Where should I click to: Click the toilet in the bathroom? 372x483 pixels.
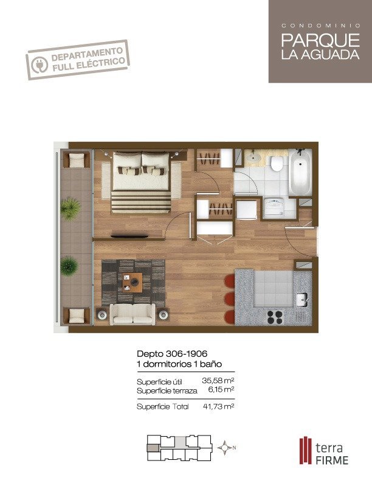[x=277, y=163]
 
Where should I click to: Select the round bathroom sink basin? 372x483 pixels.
[x=253, y=157]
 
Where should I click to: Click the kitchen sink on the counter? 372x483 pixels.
[x=302, y=300]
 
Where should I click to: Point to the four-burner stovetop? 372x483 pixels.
[x=275, y=317]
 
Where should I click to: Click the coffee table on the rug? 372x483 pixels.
[x=133, y=283]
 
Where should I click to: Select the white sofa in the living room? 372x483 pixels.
[x=133, y=314]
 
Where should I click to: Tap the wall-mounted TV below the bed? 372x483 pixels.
[x=129, y=236]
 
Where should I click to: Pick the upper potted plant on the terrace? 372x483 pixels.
[x=71, y=209]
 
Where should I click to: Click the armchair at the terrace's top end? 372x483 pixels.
[x=77, y=160]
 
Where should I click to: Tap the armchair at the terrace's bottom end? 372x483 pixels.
[x=77, y=316]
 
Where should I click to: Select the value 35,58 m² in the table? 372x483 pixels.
[x=218, y=381]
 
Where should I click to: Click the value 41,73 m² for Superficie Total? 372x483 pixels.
[x=219, y=406]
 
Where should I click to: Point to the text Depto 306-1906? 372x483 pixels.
[x=172, y=353]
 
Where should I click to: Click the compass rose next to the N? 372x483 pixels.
[x=225, y=448]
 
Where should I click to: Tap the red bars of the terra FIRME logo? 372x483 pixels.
[x=306, y=451]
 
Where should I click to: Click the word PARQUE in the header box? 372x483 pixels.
[x=320, y=40]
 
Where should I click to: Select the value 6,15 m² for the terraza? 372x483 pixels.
[x=221, y=389]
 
